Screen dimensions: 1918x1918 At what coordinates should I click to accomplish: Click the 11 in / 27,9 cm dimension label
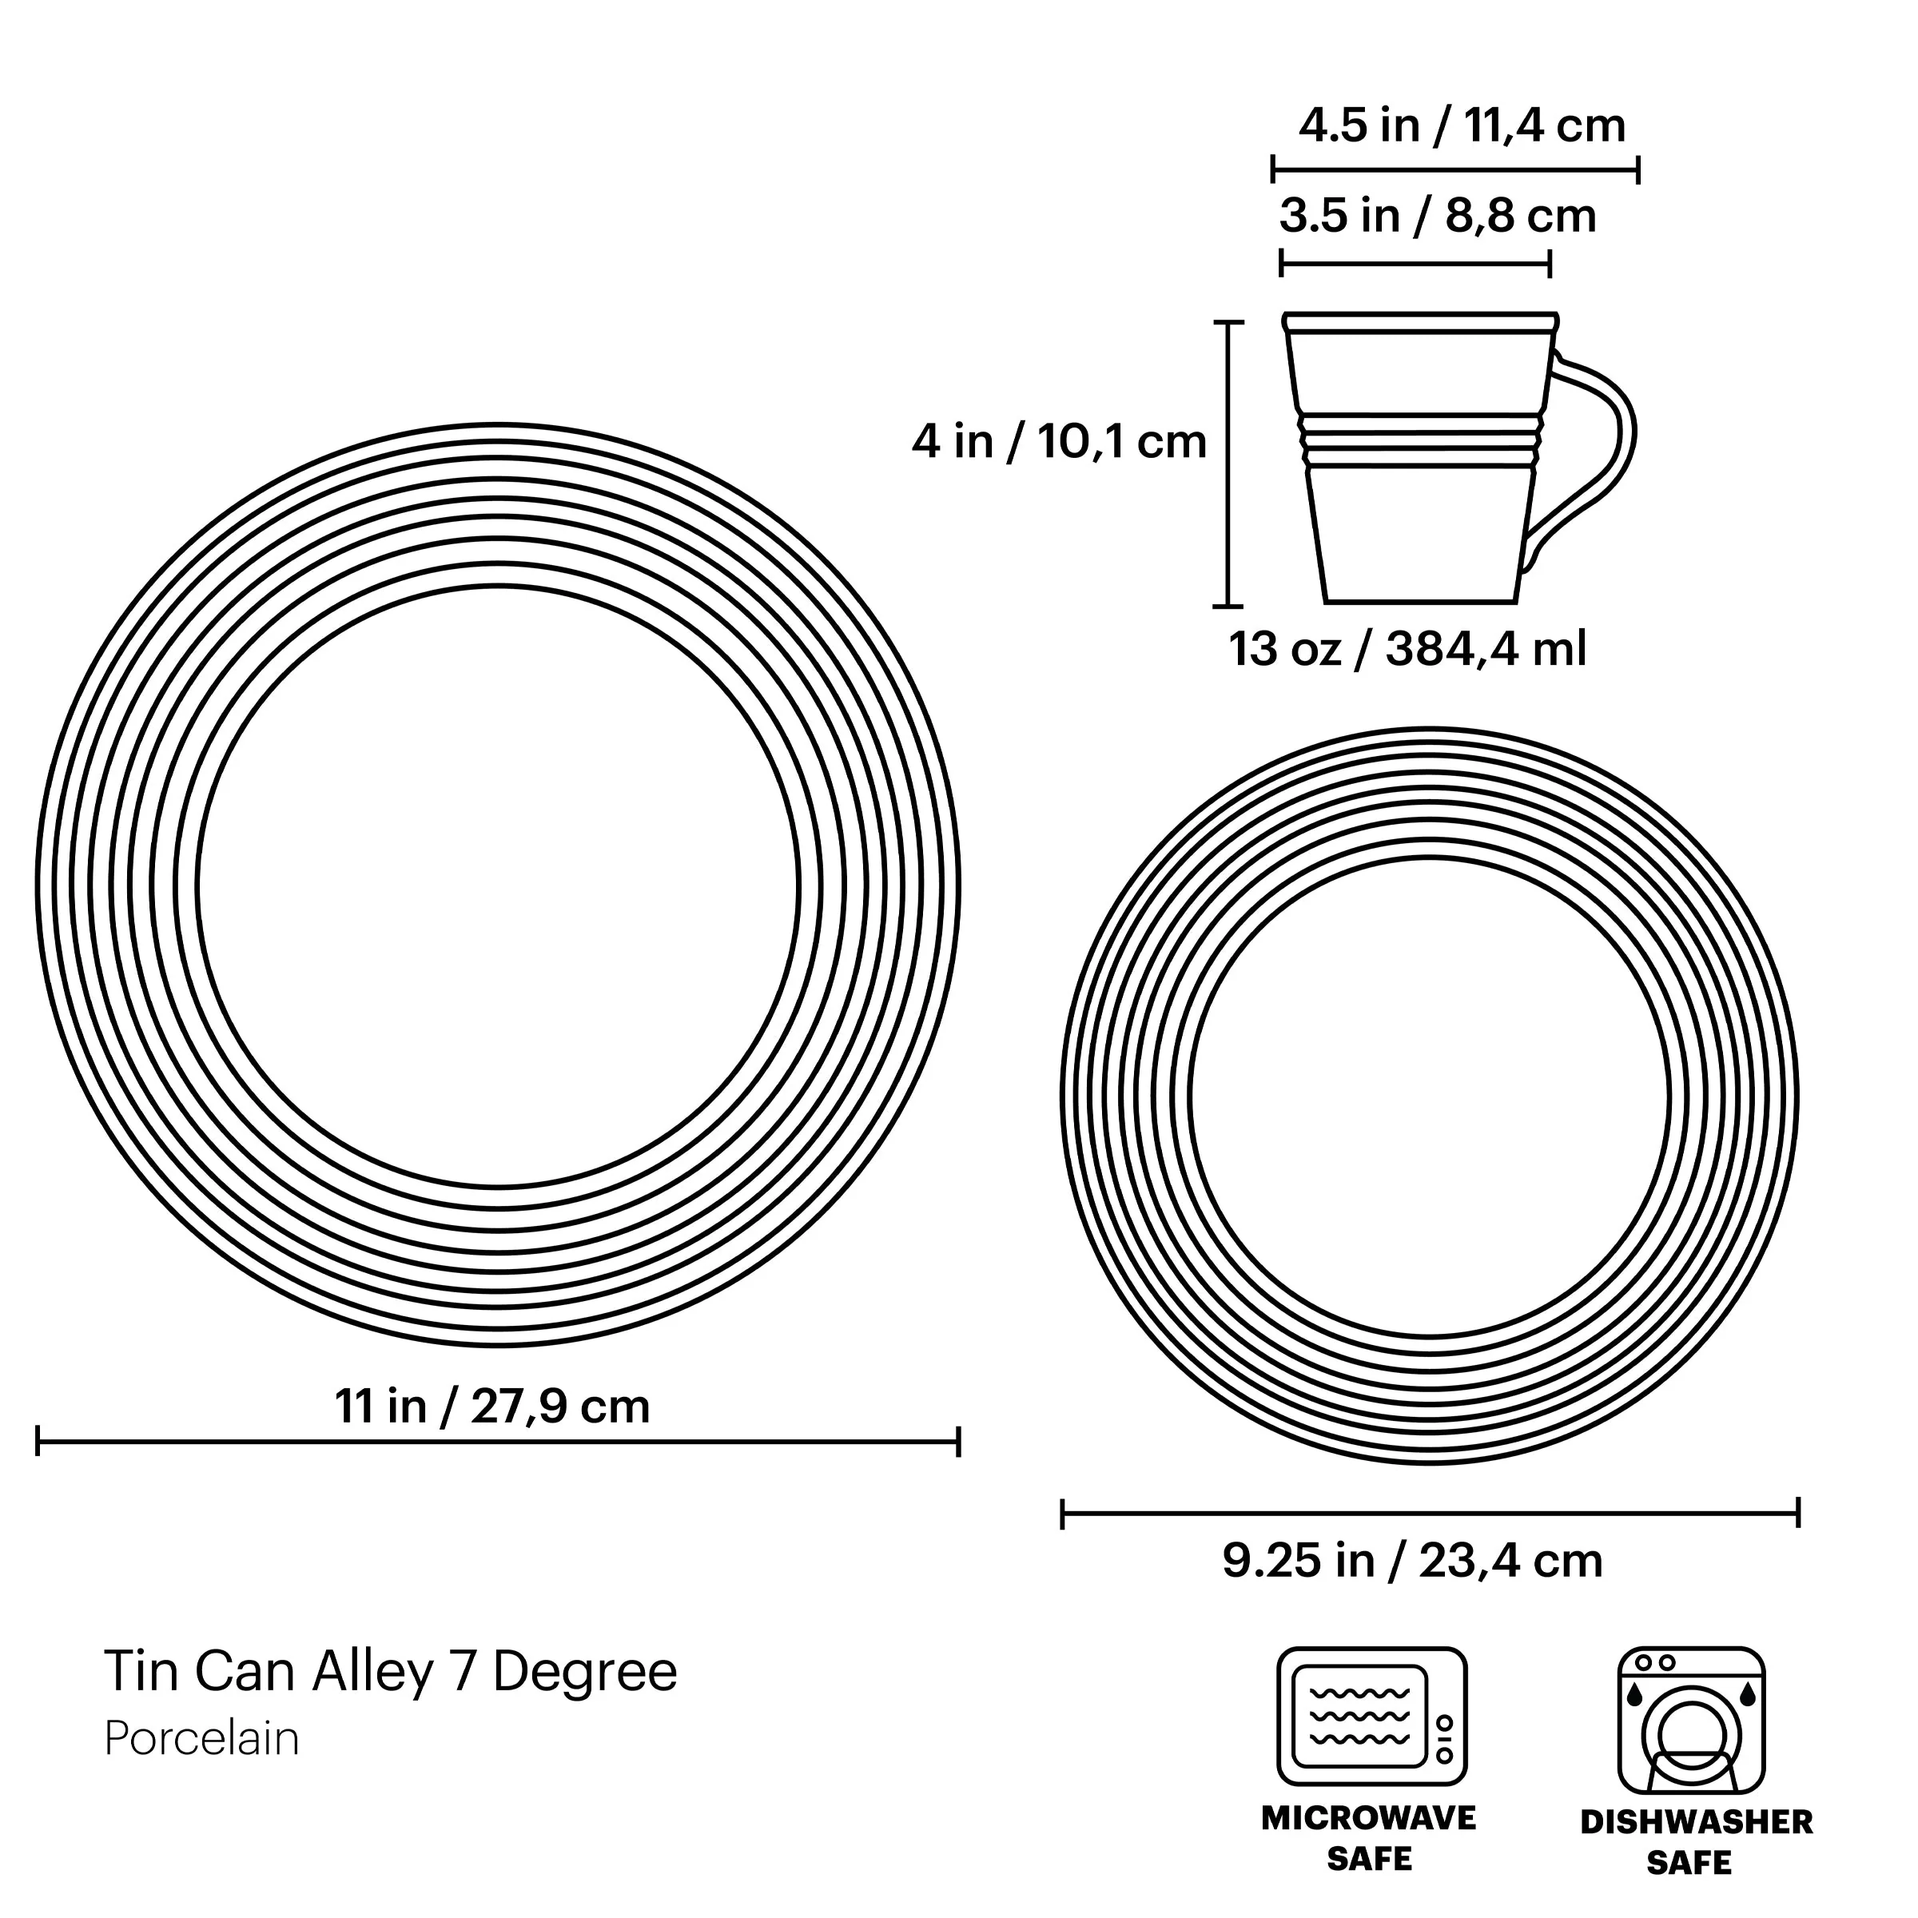[492, 1407]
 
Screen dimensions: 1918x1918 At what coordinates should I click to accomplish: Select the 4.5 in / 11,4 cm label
[1462, 126]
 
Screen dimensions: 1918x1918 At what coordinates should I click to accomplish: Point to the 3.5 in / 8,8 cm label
[1438, 217]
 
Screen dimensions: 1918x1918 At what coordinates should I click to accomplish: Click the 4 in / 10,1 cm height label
[1059, 441]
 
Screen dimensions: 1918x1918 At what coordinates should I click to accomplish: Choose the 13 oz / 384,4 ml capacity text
[1407, 649]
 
